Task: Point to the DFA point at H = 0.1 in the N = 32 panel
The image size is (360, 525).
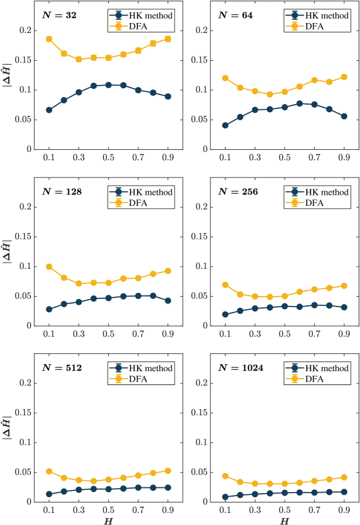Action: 49,39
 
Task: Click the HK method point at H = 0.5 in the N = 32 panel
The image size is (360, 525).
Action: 109,85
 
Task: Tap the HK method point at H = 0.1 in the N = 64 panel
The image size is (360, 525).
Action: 225,125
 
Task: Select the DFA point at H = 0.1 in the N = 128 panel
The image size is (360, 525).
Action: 49,267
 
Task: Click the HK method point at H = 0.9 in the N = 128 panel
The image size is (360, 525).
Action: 168,301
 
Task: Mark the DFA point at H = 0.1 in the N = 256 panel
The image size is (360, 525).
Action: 225,284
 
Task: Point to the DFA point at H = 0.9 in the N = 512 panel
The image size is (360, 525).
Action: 168,471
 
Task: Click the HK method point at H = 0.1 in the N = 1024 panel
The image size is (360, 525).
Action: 225,497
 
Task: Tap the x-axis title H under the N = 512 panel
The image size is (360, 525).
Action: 109,521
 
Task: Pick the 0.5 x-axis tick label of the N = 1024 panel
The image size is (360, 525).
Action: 285,511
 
